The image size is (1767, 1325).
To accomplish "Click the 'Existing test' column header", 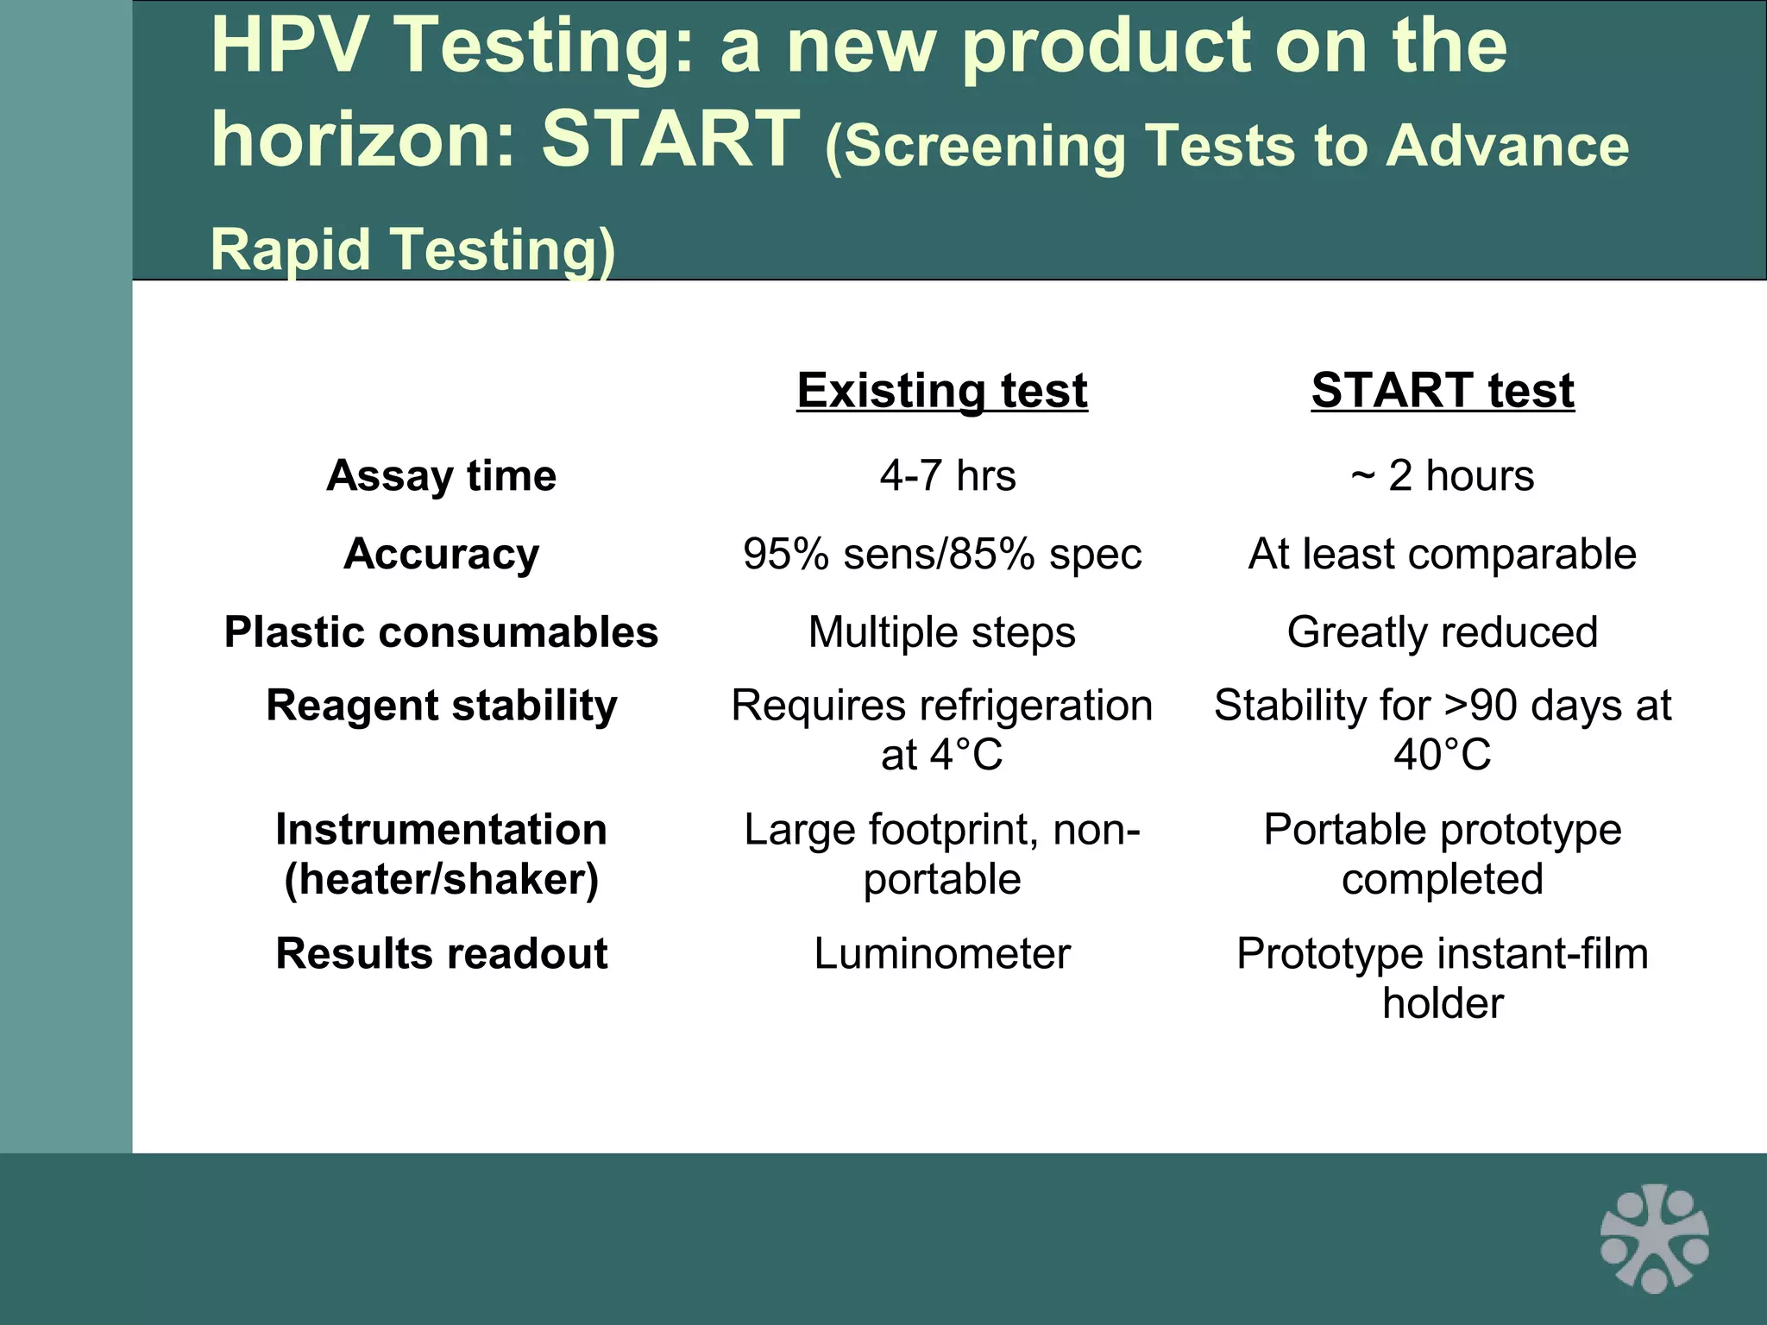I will pyautogui.click(x=941, y=391).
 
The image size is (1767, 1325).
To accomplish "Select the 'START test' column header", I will pyautogui.click(x=1443, y=391).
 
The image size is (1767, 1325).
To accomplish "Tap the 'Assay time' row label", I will pyautogui.click(x=441, y=475).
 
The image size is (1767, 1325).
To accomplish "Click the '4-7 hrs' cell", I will pyautogui.click(x=947, y=475).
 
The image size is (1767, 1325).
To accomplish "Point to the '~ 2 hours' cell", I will pyautogui.click(x=1443, y=475).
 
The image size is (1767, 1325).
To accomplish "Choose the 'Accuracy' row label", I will pyautogui.click(x=441, y=554).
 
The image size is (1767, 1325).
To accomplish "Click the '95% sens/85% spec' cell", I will pyautogui.click(x=941, y=554).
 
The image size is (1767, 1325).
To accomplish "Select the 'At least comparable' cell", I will pyautogui.click(x=1443, y=554).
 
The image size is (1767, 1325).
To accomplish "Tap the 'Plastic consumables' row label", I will pyautogui.click(x=441, y=632).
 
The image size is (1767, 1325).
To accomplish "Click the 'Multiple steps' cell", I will pyautogui.click(x=941, y=632).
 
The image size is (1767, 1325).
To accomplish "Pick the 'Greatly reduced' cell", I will pyautogui.click(x=1443, y=632).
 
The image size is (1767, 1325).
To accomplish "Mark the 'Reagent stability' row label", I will pyautogui.click(x=441, y=706).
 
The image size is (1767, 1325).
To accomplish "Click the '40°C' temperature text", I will pyautogui.click(x=1443, y=755).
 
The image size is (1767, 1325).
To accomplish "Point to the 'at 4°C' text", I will pyautogui.click(x=941, y=755).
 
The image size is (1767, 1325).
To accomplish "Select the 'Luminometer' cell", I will pyautogui.click(x=941, y=954).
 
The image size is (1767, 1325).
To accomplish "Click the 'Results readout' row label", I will pyautogui.click(x=441, y=954).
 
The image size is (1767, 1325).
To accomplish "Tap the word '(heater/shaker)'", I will pyautogui.click(x=441, y=880).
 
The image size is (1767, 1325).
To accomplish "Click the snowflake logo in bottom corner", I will pyautogui.click(x=1654, y=1238).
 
